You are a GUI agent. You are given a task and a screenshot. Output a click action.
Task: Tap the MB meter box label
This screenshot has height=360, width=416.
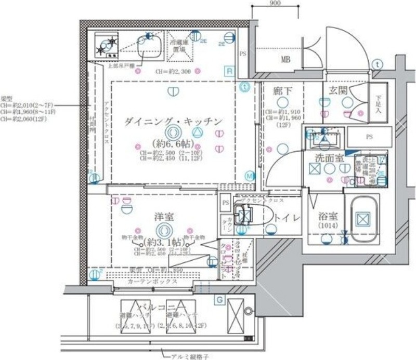click(285, 59)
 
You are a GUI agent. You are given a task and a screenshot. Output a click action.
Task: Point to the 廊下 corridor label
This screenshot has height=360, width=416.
click(282, 91)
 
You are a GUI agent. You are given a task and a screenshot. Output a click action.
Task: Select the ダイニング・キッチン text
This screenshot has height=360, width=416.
click(173, 122)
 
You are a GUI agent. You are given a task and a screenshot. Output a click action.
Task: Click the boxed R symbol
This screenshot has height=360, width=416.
click(229, 70)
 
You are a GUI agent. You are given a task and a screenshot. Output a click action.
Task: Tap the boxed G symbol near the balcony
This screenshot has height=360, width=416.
click(219, 299)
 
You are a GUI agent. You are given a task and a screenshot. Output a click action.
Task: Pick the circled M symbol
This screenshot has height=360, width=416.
click(250, 176)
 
